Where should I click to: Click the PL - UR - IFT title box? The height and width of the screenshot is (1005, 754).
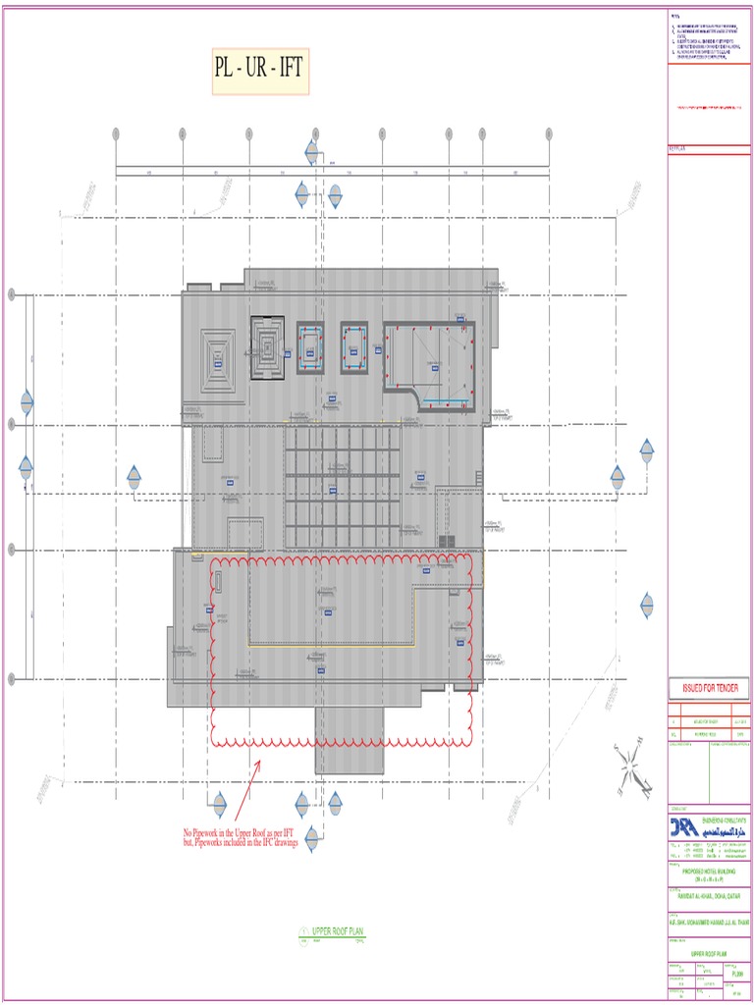(x=260, y=70)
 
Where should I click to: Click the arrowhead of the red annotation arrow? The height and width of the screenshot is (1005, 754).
(x=260, y=761)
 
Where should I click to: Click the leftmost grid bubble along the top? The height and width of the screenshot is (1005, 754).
(x=116, y=134)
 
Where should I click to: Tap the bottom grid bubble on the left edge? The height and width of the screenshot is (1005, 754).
(x=12, y=679)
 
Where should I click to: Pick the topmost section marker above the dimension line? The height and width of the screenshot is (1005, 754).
(x=312, y=152)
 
